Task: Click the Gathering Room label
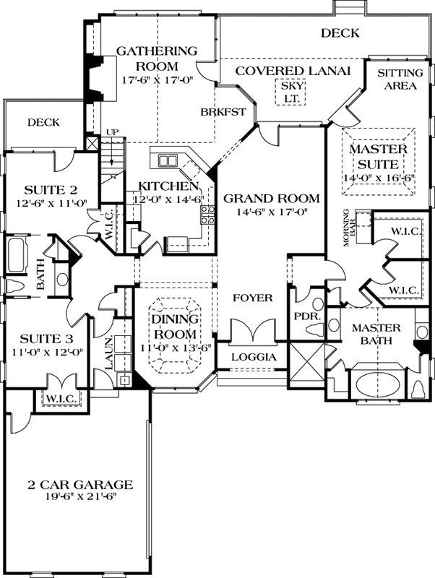click(157, 58)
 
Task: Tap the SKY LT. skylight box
click(293, 91)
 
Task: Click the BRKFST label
click(224, 112)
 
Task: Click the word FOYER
click(252, 297)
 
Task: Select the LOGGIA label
click(253, 357)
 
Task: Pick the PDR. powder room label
click(303, 316)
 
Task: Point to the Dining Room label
click(174, 327)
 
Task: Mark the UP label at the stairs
click(112, 131)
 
